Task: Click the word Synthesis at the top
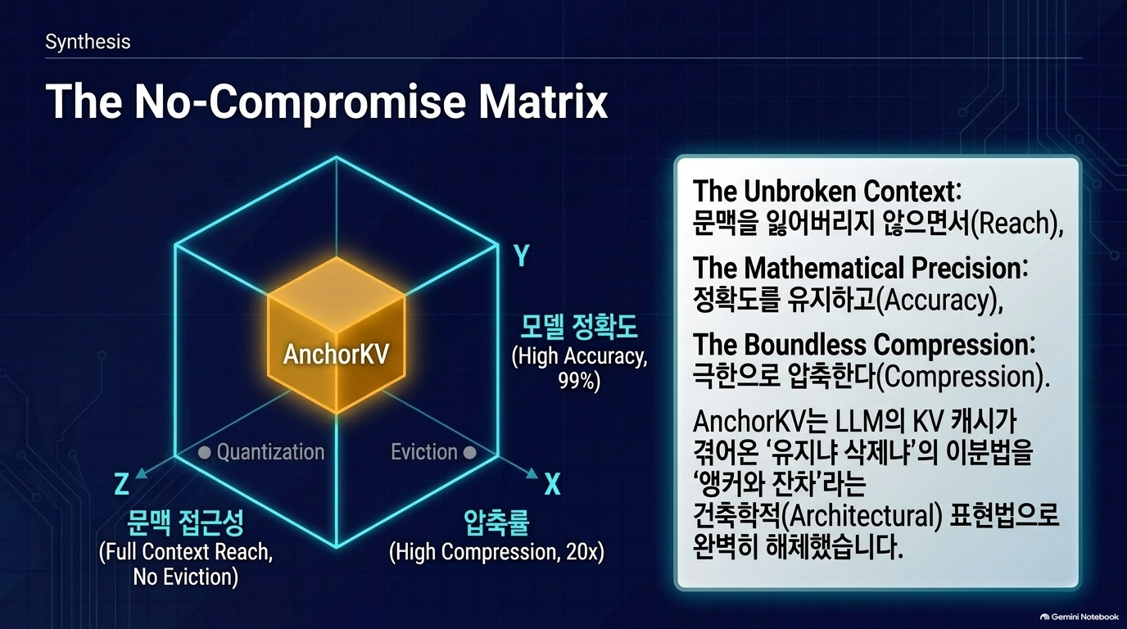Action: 88,42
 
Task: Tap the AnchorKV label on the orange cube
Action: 336,354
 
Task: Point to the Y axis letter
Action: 522,256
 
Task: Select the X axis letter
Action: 552,485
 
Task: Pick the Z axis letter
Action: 122,484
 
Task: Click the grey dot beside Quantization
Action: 204,452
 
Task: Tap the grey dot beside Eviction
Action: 469,452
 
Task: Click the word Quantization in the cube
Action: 270,452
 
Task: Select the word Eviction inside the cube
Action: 424,452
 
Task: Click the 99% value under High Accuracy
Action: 579,382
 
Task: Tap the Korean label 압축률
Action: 496,523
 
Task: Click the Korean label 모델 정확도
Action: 578,327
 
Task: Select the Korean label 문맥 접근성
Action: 185,523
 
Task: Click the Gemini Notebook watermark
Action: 1079,617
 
